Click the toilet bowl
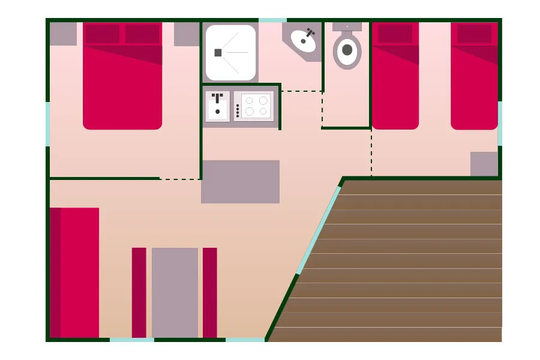click(x=347, y=50)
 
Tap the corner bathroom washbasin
click(x=303, y=40)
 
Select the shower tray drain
click(x=218, y=53)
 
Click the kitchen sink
click(x=217, y=106)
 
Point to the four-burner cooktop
click(x=254, y=106)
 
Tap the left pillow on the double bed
click(x=102, y=34)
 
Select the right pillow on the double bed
click(x=142, y=34)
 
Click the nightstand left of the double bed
click(x=63, y=34)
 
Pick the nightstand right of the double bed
click(x=187, y=34)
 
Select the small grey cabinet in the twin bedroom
click(x=484, y=164)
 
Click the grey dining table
click(x=175, y=292)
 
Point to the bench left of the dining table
click(x=139, y=292)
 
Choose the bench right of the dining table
click(x=209, y=292)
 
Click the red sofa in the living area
click(x=74, y=272)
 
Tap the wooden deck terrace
click(x=408, y=264)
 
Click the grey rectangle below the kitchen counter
click(x=240, y=181)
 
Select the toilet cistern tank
click(x=347, y=27)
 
